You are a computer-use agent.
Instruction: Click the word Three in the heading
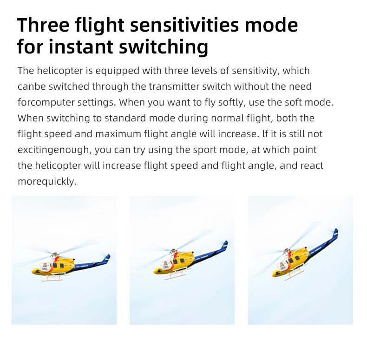[43, 25]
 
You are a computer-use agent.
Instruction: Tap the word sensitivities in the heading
[184, 25]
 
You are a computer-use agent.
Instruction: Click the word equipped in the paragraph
[118, 71]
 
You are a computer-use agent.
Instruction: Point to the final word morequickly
[47, 182]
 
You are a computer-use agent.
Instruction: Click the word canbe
[32, 87]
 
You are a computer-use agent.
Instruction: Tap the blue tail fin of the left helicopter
[107, 258]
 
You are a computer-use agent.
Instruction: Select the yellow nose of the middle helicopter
[157, 272]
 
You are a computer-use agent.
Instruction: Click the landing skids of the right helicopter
[293, 274]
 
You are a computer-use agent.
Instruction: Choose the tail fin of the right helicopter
[335, 234]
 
